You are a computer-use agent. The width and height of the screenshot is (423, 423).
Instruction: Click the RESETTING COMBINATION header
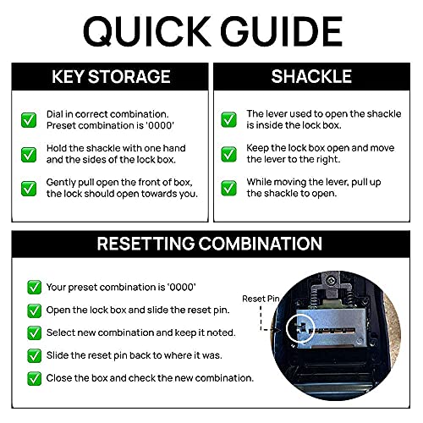(x=211, y=244)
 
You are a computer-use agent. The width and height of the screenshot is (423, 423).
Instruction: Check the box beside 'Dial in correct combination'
(x=29, y=120)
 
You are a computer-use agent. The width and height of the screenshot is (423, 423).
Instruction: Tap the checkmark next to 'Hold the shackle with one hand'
(x=29, y=154)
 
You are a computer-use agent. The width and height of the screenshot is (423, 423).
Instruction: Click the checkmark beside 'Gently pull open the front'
(x=29, y=188)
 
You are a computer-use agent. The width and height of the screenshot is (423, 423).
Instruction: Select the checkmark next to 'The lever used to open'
(x=228, y=120)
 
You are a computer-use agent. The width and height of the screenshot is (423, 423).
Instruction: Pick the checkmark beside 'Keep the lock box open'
(x=228, y=154)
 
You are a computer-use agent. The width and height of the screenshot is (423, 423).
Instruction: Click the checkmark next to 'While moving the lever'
(x=228, y=188)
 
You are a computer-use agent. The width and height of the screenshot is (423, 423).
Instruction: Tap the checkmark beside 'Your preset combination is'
(x=34, y=287)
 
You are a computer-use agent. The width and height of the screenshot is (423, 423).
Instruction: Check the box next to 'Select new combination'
(x=34, y=332)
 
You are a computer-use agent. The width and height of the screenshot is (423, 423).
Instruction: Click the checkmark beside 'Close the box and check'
(x=34, y=378)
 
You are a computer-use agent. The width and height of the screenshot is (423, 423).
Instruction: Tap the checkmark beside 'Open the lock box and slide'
(x=34, y=310)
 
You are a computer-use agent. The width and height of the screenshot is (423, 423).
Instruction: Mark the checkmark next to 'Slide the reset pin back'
(x=34, y=355)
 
